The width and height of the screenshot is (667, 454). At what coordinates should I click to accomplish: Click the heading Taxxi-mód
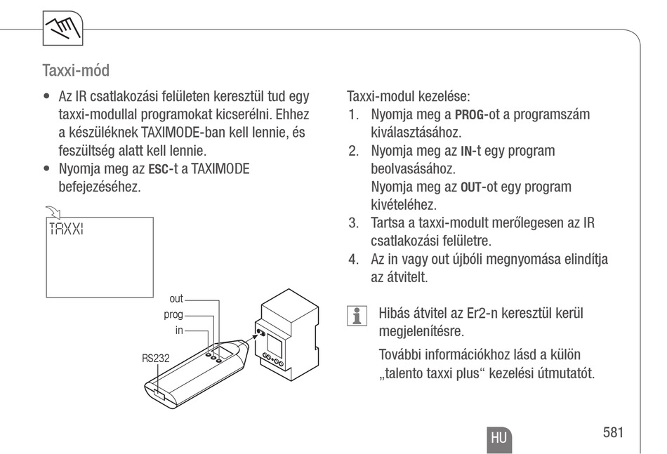pyautogui.click(x=76, y=71)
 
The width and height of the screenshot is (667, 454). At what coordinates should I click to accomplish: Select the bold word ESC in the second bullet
pyautogui.click(x=159, y=170)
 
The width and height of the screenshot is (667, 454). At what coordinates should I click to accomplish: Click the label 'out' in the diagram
pyautogui.click(x=176, y=299)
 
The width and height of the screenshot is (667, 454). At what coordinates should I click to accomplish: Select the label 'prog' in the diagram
pyautogui.click(x=173, y=314)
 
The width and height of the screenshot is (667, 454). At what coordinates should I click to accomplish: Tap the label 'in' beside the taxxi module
pyautogui.click(x=179, y=330)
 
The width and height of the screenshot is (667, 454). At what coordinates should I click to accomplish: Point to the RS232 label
pyautogui.click(x=155, y=357)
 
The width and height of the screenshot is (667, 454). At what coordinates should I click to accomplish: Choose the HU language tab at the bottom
pyautogui.click(x=498, y=437)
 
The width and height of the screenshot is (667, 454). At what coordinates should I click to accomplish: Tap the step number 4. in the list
pyautogui.click(x=355, y=260)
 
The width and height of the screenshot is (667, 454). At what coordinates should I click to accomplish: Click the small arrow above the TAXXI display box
pyautogui.click(x=52, y=211)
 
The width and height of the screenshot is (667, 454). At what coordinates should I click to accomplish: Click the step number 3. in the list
pyautogui.click(x=355, y=224)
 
